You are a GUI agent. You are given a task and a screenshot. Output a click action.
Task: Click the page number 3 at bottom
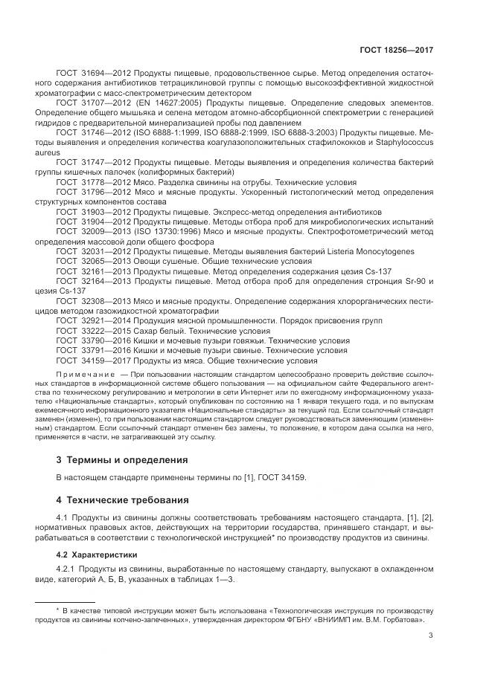tap(431, 635)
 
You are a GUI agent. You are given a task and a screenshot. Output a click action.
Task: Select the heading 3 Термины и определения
tap(123, 460)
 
